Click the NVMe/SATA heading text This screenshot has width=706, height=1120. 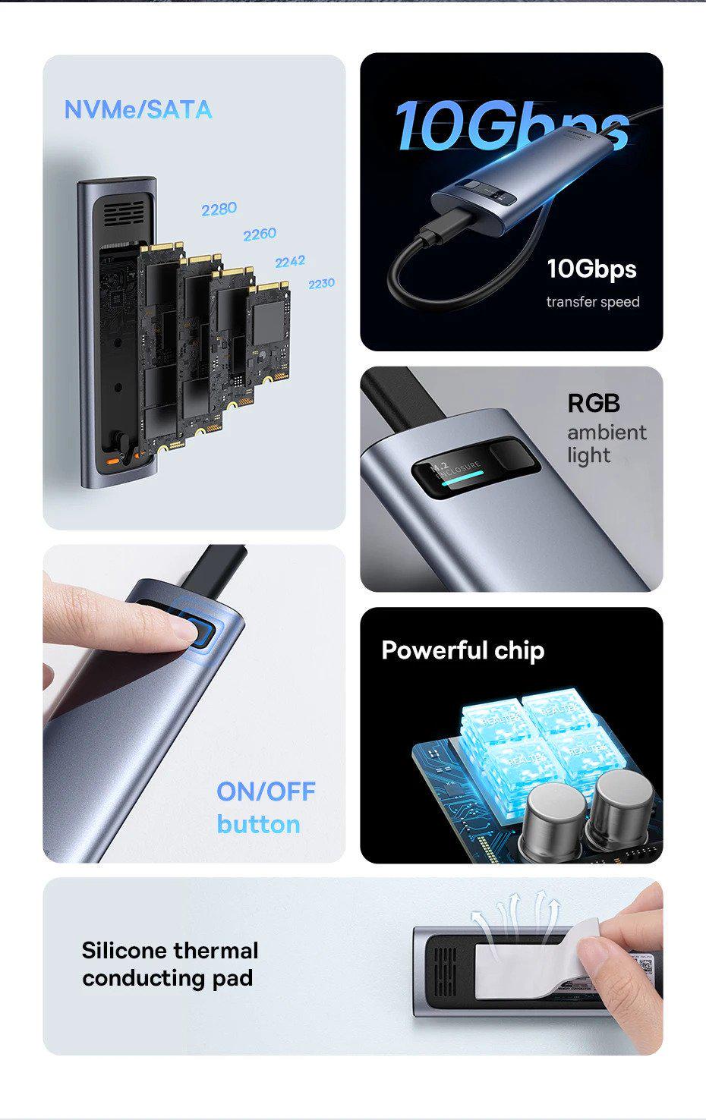(137, 110)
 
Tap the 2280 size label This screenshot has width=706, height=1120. (219, 209)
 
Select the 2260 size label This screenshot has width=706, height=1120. (259, 234)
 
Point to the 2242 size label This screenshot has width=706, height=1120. (290, 262)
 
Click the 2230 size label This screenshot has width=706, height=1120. (321, 283)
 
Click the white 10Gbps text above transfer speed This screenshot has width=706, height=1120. (591, 269)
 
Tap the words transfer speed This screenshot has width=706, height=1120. (592, 302)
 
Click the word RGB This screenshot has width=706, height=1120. (594, 403)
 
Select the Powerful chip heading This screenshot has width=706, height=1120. (462, 650)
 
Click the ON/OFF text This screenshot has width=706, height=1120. (266, 791)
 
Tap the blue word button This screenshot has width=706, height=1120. (258, 824)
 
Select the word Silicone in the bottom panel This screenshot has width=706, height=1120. (124, 951)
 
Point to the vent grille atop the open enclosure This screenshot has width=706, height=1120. (124, 213)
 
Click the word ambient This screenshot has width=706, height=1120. (607, 433)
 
